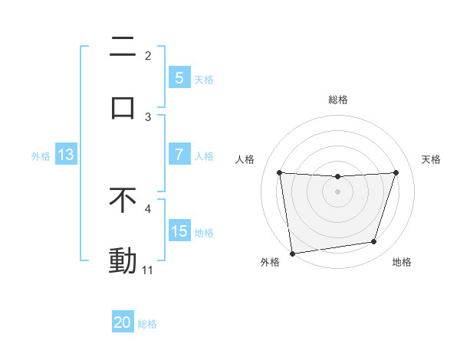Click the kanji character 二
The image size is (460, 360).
[123, 47]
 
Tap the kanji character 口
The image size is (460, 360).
[123, 106]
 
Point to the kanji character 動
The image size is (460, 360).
[123, 261]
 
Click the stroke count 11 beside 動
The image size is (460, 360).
[147, 270]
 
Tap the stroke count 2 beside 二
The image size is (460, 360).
[148, 56]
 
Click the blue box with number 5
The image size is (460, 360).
[179, 78]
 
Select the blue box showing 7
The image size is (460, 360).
[179, 155]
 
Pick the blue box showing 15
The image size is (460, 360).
[179, 231]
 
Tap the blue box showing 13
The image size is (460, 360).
[66, 155]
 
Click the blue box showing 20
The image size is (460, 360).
[123, 323]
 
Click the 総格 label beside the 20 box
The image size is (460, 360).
[147, 324]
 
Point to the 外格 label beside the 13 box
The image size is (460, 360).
[41, 156]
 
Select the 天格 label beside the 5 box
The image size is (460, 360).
[203, 79]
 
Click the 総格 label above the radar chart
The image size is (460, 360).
[338, 100]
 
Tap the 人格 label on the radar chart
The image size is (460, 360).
[245, 159]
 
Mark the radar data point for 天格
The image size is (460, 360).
[396, 172]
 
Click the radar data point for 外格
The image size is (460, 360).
[292, 253]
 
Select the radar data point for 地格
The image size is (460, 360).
[374, 242]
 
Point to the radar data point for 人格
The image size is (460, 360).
[279, 172]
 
